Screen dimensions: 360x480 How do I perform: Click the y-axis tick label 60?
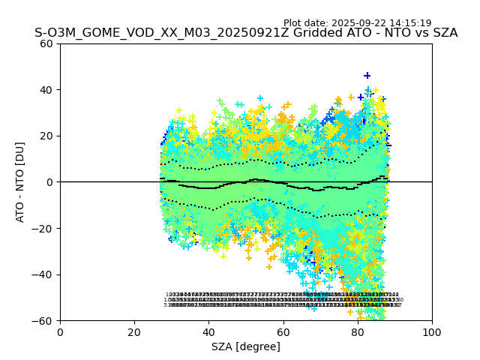[46, 43]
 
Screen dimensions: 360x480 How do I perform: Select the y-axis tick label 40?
[46, 90]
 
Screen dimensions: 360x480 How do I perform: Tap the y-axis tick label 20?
[46, 136]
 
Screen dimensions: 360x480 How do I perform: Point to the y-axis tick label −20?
[43, 228]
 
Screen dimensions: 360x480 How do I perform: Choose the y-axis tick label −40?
[43, 274]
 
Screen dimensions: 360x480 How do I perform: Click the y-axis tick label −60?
[43, 320]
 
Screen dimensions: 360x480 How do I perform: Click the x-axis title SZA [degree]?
[246, 346]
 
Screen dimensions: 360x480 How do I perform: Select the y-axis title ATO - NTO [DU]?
[21, 182]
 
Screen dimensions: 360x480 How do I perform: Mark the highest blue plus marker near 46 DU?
[367, 76]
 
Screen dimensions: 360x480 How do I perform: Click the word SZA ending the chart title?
[443, 33]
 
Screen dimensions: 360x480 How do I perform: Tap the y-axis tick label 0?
[49, 182]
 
